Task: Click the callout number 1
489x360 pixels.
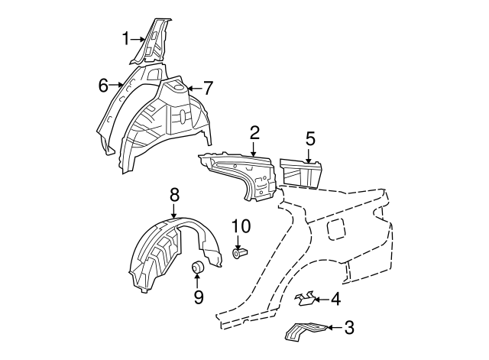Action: pyautogui.click(x=125, y=39)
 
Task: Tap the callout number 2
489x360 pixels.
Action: pyautogui.click(x=254, y=133)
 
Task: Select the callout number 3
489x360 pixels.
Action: pyautogui.click(x=349, y=328)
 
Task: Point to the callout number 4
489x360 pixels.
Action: pyautogui.click(x=335, y=300)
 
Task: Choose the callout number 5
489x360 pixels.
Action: pyautogui.click(x=310, y=138)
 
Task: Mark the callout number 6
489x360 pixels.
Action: pyautogui.click(x=103, y=85)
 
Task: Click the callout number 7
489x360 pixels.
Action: pyautogui.click(x=209, y=89)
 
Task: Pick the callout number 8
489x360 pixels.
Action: pyautogui.click(x=175, y=195)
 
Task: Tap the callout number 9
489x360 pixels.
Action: pyautogui.click(x=199, y=297)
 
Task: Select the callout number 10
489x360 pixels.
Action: pyautogui.click(x=241, y=226)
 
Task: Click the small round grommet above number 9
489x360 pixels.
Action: pyautogui.click(x=197, y=268)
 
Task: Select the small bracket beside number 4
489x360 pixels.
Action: pyautogui.click(x=305, y=299)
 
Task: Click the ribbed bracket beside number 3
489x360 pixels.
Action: pyautogui.click(x=306, y=331)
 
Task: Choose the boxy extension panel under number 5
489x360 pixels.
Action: pyautogui.click(x=300, y=173)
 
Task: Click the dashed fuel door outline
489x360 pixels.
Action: pyautogui.click(x=335, y=229)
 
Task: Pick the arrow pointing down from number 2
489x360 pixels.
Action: pyautogui.click(x=254, y=148)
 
